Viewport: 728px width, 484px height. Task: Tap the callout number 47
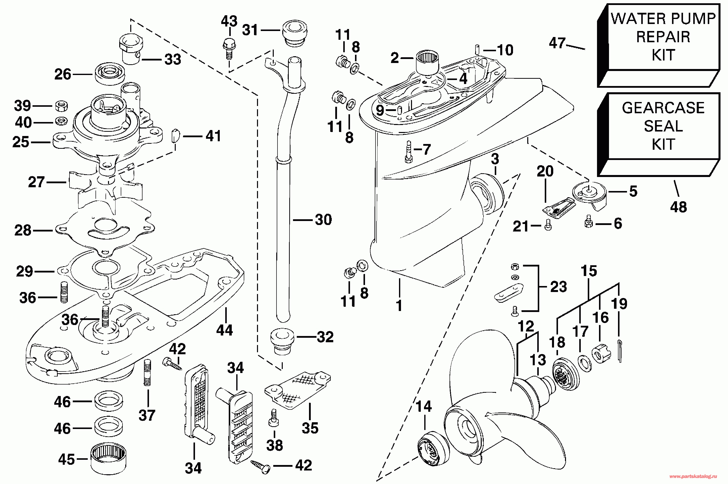coord(557,43)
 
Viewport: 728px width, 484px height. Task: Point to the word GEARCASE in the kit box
coord(663,108)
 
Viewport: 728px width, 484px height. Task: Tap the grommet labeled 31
coord(295,33)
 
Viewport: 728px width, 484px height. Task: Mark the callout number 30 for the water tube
coord(323,220)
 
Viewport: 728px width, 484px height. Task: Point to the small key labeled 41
coord(175,135)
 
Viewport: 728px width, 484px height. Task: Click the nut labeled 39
coord(62,106)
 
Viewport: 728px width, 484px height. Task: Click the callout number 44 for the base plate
coord(224,330)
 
